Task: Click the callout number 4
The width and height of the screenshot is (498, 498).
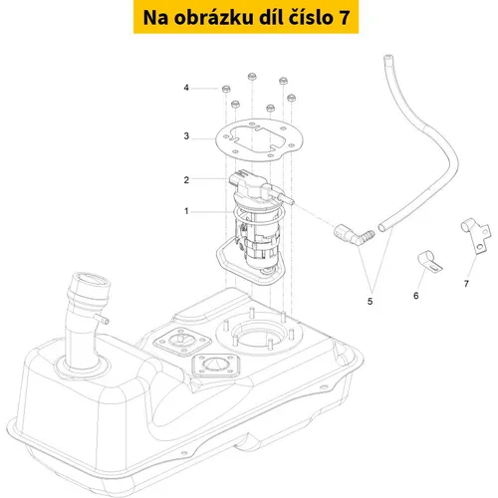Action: (186, 88)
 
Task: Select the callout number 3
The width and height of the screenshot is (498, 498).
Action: (186, 135)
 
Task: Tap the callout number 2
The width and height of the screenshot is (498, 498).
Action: (186, 180)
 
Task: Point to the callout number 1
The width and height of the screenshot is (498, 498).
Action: (186, 211)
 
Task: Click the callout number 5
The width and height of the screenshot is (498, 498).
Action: (370, 301)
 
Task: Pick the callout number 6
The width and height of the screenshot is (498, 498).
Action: (416, 296)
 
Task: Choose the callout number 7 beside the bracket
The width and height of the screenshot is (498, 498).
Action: (466, 284)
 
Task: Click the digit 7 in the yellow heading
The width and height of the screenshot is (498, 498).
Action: (344, 18)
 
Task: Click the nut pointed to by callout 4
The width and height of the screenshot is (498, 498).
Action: (226, 89)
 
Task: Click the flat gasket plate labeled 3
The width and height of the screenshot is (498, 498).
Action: (258, 139)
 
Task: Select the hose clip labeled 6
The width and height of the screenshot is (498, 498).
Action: (429, 262)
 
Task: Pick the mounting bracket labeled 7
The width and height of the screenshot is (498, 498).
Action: (476, 234)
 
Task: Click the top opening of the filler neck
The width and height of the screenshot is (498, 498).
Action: (91, 281)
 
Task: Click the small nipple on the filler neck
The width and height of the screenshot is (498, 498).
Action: (102, 319)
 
